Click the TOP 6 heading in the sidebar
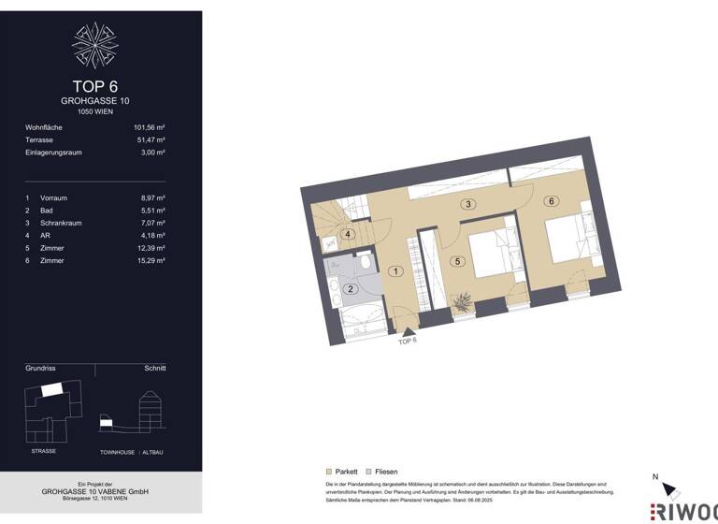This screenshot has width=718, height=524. coord(94,87)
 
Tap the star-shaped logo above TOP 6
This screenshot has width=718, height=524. coord(94,45)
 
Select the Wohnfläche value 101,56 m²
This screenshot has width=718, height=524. coord(149,126)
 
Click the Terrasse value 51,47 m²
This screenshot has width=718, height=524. coord(151,139)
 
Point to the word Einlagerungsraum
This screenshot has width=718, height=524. coord(53,152)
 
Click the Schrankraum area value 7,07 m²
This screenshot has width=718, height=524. coord(151,224)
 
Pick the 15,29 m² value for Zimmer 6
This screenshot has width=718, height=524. coord(150,260)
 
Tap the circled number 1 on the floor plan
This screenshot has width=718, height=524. coord(396,271)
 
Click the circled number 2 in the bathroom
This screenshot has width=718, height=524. coord(351,289)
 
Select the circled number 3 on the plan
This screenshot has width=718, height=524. coord(468,204)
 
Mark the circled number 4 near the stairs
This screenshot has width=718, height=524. coord(348,235)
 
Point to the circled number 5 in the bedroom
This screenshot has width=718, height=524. coord(458,262)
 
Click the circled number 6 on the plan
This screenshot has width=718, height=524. coord(553,201)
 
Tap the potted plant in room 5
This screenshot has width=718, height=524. coord(462,300)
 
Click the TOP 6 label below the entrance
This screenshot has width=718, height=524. coord(408,342)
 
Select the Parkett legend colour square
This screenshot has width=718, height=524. coord(328,472)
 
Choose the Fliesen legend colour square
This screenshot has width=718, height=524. coord(368,472)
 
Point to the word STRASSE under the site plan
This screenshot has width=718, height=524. coord(44,451)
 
